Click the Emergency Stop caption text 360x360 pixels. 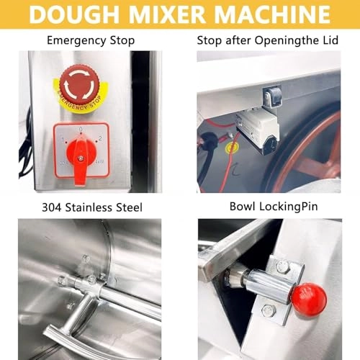90,40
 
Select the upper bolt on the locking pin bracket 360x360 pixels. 282,267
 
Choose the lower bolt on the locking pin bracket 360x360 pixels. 269,311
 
